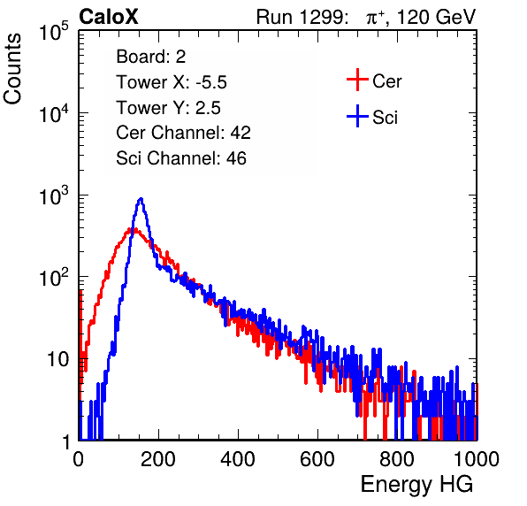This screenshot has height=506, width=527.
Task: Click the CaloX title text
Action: [109, 17]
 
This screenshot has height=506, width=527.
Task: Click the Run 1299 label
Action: [302, 17]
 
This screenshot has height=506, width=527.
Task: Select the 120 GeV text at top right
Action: [436, 17]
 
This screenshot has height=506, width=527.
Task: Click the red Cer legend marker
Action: [357, 80]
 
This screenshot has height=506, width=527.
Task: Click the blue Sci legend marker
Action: [357, 117]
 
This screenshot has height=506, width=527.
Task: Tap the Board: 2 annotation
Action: [151, 57]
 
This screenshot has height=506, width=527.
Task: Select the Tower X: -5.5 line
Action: [172, 82]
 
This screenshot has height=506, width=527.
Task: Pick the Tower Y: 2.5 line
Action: [168, 108]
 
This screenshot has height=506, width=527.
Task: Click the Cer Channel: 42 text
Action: [184, 133]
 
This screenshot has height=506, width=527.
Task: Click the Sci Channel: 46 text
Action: [181, 158]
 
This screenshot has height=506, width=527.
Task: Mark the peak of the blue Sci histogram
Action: [141, 199]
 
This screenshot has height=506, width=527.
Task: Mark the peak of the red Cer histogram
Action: [132, 229]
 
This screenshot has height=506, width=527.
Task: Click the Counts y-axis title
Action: [12, 69]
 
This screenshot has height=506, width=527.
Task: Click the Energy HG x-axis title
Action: [416, 485]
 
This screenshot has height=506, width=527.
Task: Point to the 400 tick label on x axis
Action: [238, 458]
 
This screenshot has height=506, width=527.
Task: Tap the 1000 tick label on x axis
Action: [477, 458]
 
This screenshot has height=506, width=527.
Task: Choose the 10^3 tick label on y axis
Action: [55, 195]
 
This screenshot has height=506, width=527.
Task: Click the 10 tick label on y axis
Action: [58, 360]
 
